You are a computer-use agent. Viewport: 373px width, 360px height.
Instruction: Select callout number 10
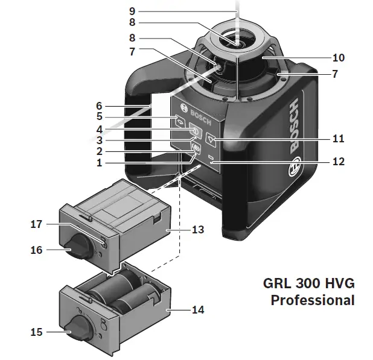click(339, 58)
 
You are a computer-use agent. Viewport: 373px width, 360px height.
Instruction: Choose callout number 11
click(339, 139)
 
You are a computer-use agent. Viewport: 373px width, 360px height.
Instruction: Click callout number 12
click(339, 162)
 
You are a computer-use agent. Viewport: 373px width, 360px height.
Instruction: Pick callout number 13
click(197, 230)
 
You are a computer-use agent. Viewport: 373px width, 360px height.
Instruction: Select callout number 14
click(197, 310)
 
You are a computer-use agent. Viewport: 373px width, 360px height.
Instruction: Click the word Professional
click(312, 300)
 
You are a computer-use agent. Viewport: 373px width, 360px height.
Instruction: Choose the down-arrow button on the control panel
click(211, 137)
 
